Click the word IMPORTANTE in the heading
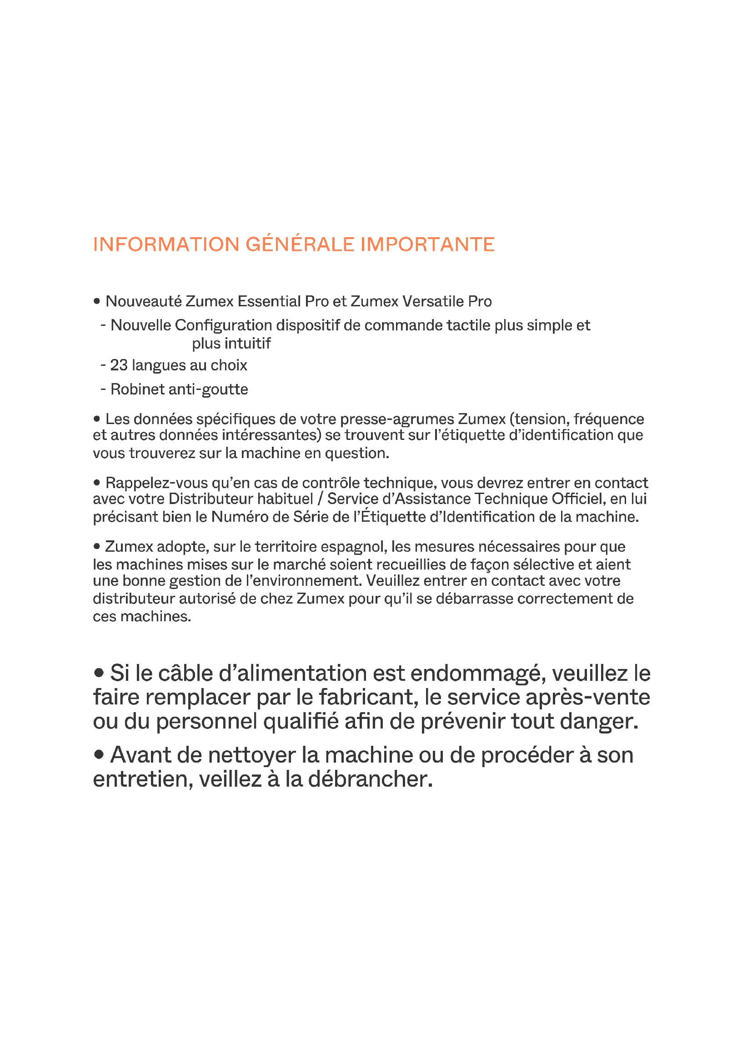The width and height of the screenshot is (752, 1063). coord(427,245)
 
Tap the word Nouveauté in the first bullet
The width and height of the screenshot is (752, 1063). coord(143,301)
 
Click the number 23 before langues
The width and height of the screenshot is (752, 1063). coord(119,365)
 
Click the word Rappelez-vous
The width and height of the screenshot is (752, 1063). coord(156,484)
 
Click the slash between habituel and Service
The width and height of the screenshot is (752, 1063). coord(320,499)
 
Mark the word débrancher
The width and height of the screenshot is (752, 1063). coord(371,779)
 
